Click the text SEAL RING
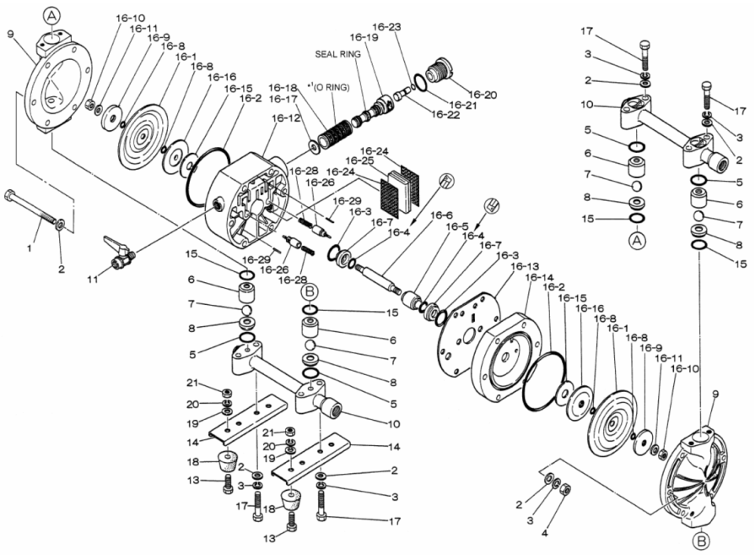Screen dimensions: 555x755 (338, 54)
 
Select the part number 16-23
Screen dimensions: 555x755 (386, 27)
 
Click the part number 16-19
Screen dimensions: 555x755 (364, 38)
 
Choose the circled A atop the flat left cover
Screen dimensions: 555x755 (52, 15)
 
